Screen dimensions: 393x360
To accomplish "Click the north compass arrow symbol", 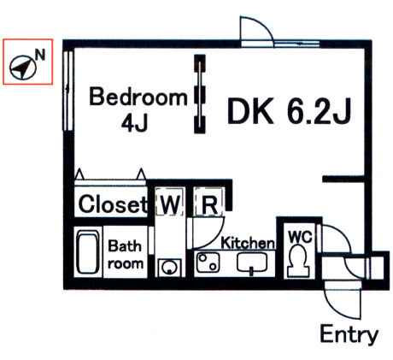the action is tap(22, 68).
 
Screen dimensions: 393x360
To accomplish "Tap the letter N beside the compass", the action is tap(40, 55).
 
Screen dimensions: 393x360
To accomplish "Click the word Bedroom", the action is tap(138, 97).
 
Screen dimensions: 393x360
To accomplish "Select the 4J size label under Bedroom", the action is tap(134, 123).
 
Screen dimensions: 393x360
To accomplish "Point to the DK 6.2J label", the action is tap(289, 111).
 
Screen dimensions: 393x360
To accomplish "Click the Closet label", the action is tap(113, 204).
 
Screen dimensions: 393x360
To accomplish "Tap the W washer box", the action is tap(170, 201).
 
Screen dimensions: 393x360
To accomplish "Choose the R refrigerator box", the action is tap(208, 202).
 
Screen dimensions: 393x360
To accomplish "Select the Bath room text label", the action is tap(126, 255).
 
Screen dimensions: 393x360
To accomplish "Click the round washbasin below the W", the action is tap(169, 268).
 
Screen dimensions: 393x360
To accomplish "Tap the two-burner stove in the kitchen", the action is tap(208, 263).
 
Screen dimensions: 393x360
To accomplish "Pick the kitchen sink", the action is tap(252, 263).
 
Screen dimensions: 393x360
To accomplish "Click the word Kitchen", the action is tap(248, 243).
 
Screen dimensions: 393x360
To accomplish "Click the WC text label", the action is tap(300, 237).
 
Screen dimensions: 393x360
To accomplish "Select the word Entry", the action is tap(349, 334).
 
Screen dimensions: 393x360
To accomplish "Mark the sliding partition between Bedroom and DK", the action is tap(200, 94).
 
